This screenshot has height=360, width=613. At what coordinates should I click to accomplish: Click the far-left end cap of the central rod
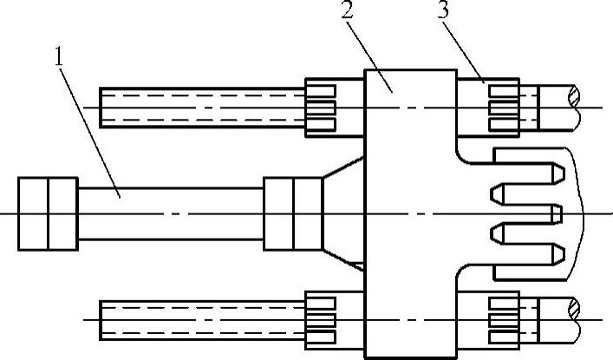(x=48, y=213)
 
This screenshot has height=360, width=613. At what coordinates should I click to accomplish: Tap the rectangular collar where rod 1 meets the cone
(x=293, y=213)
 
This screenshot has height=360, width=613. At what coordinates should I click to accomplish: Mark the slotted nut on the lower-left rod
(x=321, y=319)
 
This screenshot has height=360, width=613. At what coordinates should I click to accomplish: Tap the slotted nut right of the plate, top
(x=503, y=107)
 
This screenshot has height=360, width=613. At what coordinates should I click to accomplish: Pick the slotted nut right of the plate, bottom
(x=503, y=318)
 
